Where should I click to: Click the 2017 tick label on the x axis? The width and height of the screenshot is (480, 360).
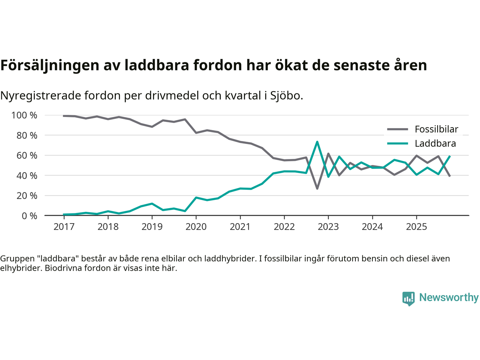(x=64, y=227)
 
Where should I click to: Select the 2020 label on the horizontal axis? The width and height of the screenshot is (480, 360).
(x=196, y=227)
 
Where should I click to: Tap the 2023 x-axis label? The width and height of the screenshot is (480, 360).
(x=328, y=227)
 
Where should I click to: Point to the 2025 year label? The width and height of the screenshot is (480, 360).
(x=416, y=227)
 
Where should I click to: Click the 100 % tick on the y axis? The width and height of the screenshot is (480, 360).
(x=24, y=115)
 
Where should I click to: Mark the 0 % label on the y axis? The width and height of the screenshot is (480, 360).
(x=29, y=216)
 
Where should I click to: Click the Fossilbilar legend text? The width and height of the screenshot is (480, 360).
(x=436, y=129)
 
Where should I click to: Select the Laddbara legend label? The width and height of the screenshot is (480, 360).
(x=435, y=144)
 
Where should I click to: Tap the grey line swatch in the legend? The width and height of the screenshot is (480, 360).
(x=397, y=129)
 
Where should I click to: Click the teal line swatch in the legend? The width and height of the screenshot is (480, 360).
(x=397, y=144)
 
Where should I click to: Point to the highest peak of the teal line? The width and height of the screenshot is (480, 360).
(x=317, y=142)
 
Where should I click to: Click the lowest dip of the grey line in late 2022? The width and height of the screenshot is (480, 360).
(x=317, y=188)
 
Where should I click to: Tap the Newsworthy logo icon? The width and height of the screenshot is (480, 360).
(x=408, y=298)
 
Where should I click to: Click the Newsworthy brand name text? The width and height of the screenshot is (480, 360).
(x=449, y=297)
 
